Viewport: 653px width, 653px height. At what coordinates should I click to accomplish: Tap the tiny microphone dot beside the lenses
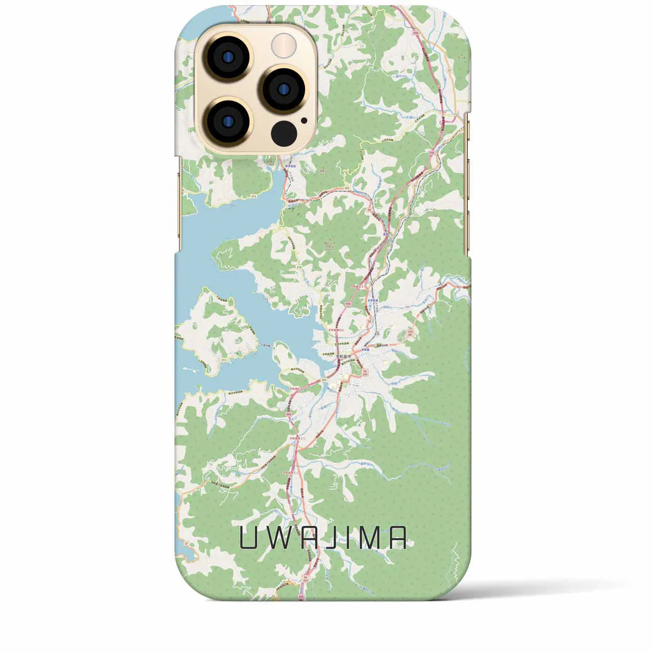point(304,121)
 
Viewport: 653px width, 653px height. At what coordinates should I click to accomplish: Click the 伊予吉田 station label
point(291,166)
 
